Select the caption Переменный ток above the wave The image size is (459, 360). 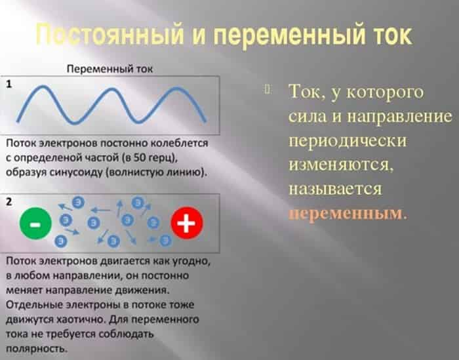[x=110, y=69]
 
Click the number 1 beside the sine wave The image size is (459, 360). [x=9, y=85]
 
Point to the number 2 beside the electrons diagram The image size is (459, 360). [x=9, y=202]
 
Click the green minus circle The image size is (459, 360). [x=35, y=224]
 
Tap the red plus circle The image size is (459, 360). [x=187, y=223]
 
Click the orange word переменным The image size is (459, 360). [x=345, y=214]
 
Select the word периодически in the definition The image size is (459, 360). [x=348, y=142]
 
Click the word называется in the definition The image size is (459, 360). [x=336, y=189]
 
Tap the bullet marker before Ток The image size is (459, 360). [x=268, y=89]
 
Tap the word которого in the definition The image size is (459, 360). [x=385, y=92]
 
